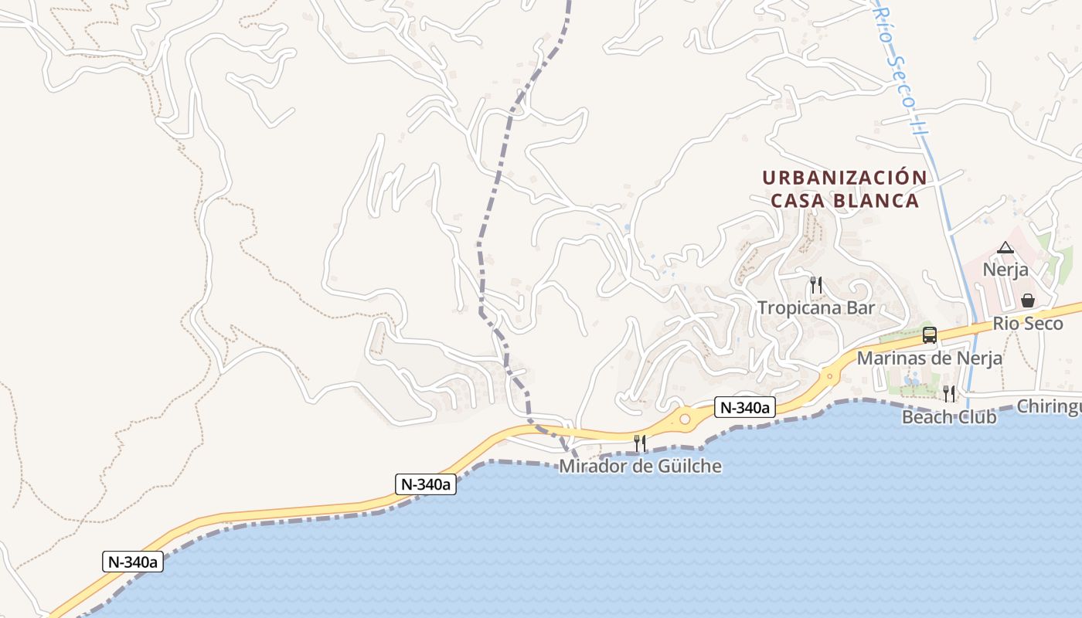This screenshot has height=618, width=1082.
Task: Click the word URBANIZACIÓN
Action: coord(845,178)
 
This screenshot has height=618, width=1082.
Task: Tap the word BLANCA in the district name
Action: coord(878,201)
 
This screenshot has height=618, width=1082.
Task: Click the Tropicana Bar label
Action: coord(816,307)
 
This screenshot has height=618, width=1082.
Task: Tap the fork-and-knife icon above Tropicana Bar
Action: coord(815,284)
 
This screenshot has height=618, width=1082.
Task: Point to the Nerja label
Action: coord(1005,270)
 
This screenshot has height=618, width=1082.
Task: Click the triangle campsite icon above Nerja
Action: coord(1005,247)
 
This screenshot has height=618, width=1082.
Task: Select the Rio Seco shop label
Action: coord(1028,323)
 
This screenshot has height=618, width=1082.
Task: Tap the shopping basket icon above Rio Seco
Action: coord(1028,301)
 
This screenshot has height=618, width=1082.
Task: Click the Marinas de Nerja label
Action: coord(930,358)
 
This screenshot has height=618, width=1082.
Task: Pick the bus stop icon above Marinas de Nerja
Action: coord(930,335)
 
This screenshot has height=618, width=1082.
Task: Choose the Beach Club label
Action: coord(949,417)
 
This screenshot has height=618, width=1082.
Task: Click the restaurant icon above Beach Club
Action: coord(949,394)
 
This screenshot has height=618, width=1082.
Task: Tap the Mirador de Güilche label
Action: coord(640,466)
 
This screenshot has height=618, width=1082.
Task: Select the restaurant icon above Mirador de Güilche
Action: coord(640,443)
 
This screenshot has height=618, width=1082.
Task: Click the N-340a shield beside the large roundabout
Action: coord(745,407)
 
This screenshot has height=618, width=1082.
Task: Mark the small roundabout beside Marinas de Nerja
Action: coord(830,377)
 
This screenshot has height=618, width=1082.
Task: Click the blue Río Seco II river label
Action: coord(900,70)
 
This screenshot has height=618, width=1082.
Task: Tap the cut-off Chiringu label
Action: coord(1049,406)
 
